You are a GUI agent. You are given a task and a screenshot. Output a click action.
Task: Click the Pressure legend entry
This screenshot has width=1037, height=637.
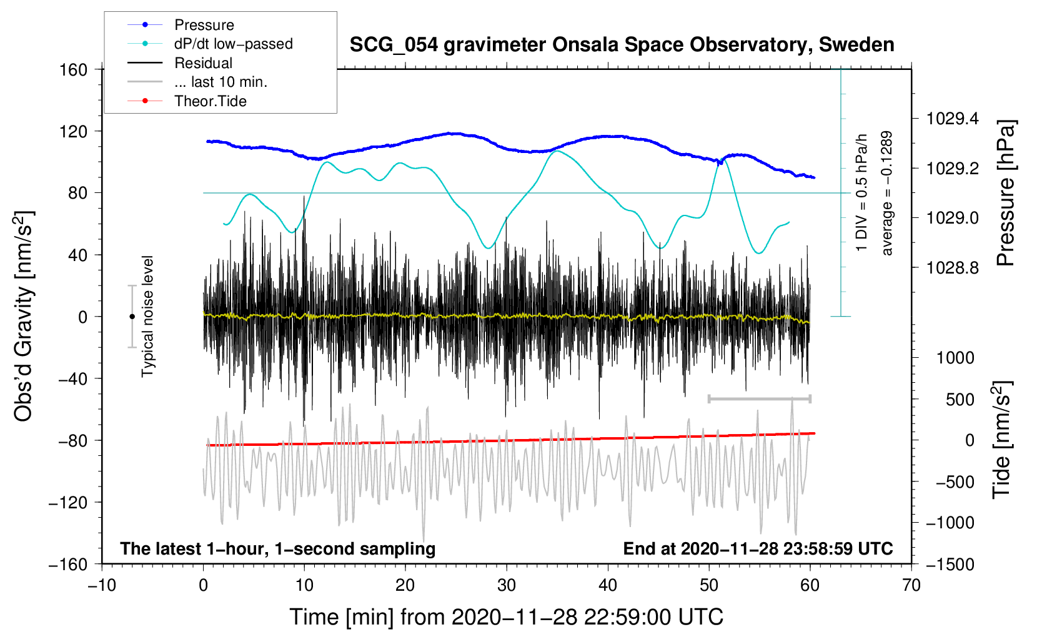pyautogui.click(x=204, y=25)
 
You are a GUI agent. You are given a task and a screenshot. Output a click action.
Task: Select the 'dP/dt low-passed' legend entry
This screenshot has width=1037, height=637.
pyautogui.click(x=233, y=44)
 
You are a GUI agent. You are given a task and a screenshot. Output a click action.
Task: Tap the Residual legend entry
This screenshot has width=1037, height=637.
pyautogui.click(x=203, y=63)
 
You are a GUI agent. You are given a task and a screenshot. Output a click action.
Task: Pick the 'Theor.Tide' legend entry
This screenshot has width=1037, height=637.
pyautogui.click(x=210, y=101)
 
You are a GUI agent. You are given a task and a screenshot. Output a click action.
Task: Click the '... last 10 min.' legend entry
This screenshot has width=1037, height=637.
pyautogui.click(x=221, y=82)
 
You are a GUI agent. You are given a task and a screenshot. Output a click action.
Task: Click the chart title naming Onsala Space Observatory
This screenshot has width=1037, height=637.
pyautogui.click(x=622, y=45)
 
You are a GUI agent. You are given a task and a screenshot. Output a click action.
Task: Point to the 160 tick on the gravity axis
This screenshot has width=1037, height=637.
pyautogui.click(x=74, y=69)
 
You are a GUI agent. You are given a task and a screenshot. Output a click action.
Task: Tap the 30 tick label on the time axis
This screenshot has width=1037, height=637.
pyautogui.click(x=507, y=585)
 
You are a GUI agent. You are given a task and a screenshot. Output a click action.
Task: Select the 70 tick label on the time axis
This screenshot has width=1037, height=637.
pyautogui.click(x=911, y=585)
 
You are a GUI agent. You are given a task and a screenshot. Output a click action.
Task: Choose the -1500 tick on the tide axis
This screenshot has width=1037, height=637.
pyautogui.click(x=950, y=564)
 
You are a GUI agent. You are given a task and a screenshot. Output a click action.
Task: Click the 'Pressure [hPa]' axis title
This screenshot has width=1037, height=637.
pyautogui.click(x=1005, y=194)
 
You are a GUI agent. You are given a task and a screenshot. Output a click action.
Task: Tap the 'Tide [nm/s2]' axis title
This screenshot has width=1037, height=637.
pyautogui.click(x=1001, y=440)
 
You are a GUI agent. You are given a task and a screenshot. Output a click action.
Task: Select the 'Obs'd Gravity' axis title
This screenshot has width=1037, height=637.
pyautogui.click(x=24, y=316)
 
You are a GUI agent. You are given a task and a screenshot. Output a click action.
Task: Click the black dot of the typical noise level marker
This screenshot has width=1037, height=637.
pyautogui.click(x=132, y=317)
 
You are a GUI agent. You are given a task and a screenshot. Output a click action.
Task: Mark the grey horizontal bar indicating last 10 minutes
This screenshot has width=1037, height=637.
pyautogui.click(x=759, y=398)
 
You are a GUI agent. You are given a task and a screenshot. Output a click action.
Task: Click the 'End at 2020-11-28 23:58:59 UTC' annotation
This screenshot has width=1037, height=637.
pyautogui.click(x=758, y=549)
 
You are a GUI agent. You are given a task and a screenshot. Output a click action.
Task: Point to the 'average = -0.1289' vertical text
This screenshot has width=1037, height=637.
pyautogui.click(x=887, y=194)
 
